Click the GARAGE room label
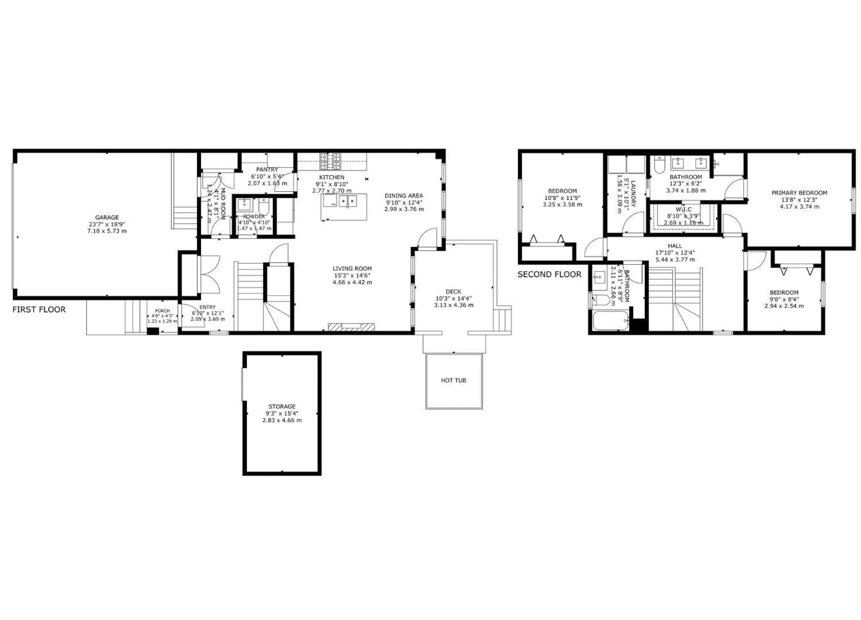(107, 217)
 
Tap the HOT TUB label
(453, 380)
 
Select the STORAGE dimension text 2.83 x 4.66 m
(282, 420)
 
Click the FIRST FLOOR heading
(39, 309)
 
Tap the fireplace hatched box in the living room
(351, 326)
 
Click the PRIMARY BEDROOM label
(799, 193)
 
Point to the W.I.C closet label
(683, 209)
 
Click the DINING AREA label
(404, 196)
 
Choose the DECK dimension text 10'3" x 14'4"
(453, 298)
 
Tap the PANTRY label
(267, 169)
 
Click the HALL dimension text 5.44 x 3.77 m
(675, 260)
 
